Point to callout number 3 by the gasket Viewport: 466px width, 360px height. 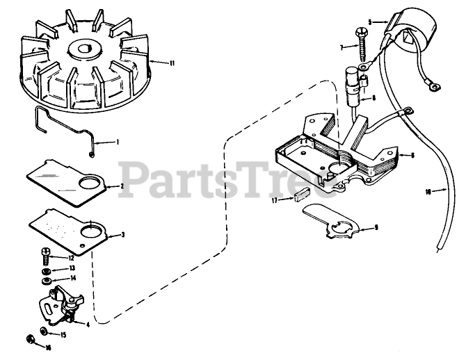click(x=123, y=235)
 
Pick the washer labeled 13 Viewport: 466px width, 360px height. click(x=45, y=268)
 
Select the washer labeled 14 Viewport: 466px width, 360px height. click(x=46, y=280)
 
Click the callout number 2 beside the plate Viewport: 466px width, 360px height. click(x=122, y=186)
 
